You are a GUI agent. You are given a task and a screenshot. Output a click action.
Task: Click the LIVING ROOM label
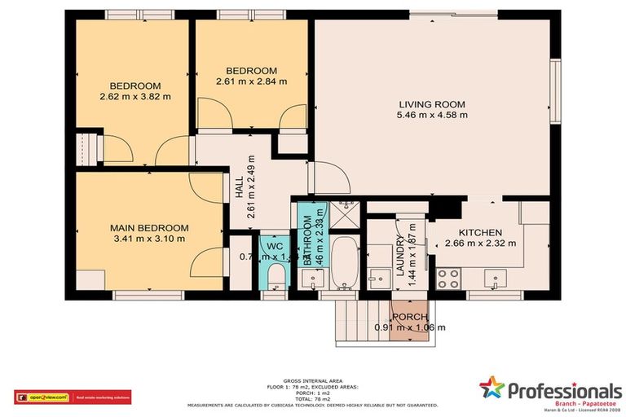(x=432, y=104)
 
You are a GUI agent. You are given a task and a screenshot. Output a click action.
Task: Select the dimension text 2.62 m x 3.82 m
(x=135, y=96)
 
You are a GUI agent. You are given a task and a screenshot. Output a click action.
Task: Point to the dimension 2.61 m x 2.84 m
(x=251, y=81)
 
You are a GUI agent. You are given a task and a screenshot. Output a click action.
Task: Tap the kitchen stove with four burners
(x=448, y=279)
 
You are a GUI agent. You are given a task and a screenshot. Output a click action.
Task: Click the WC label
(x=270, y=244)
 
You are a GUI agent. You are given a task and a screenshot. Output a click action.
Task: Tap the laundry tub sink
(x=377, y=278)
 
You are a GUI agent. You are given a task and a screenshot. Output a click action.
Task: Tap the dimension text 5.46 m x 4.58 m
(x=432, y=115)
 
